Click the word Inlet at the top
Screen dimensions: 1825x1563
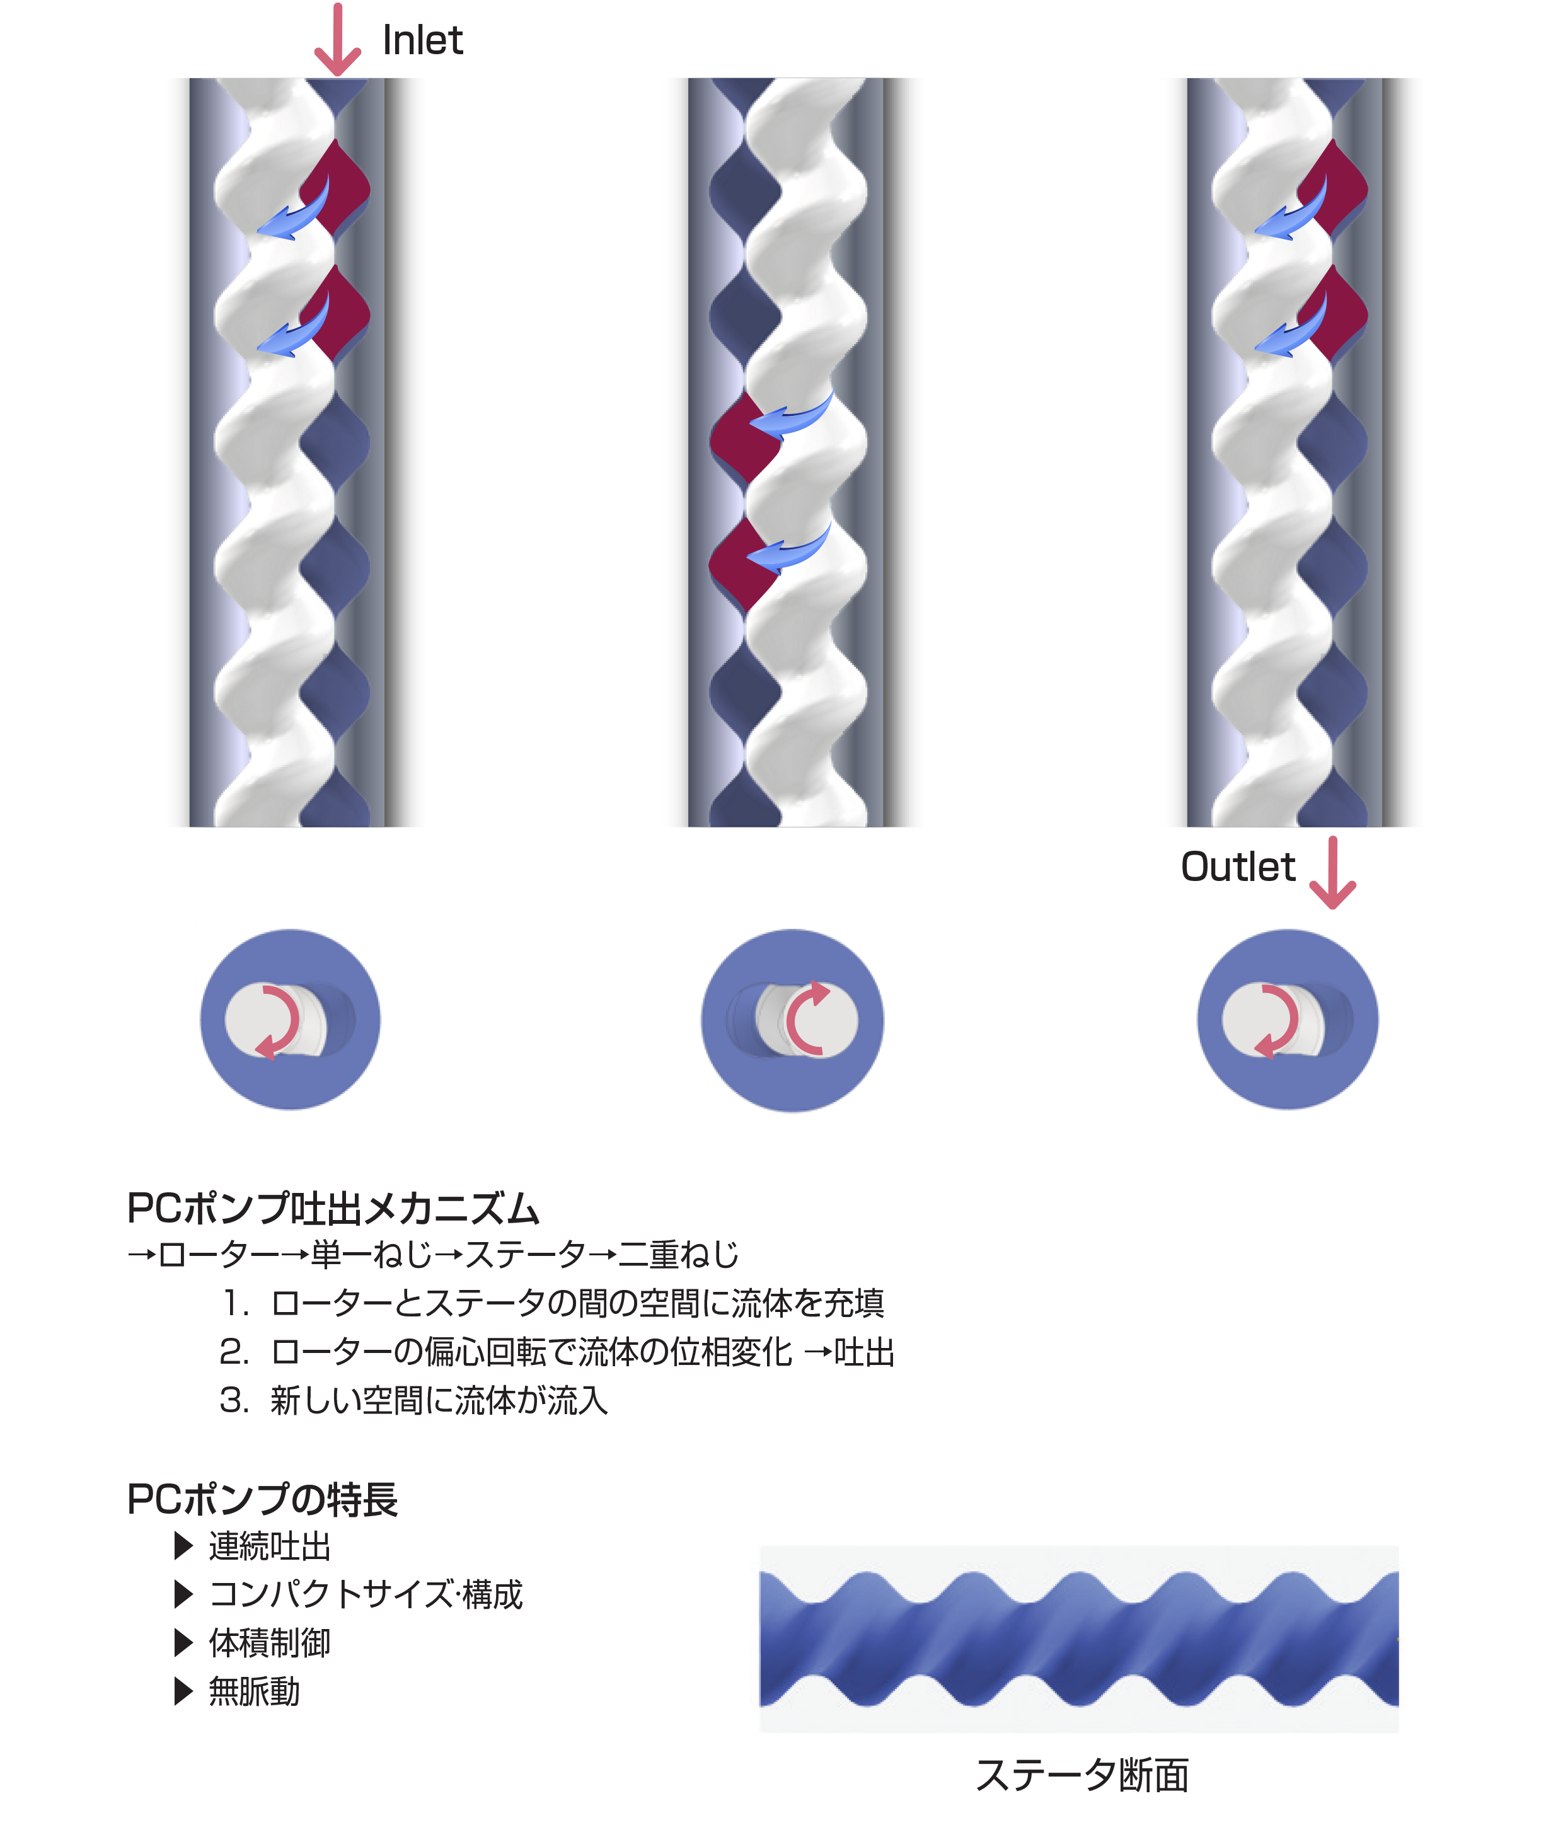pos(422,40)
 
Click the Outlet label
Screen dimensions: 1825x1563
pos(1237,868)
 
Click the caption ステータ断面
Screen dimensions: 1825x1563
pos(1083,1773)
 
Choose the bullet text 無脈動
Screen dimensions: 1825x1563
pos(254,1692)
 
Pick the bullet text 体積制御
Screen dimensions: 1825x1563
pos(268,1644)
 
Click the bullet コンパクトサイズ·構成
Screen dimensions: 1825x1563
pos(366,1595)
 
